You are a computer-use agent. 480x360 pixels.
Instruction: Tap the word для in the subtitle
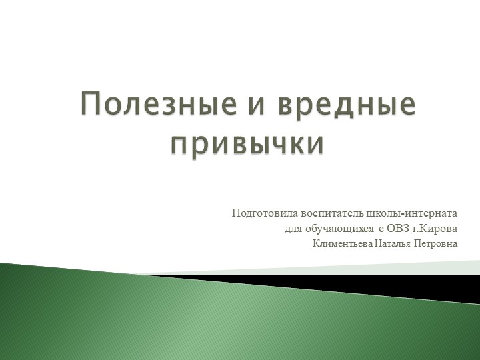(x=293, y=229)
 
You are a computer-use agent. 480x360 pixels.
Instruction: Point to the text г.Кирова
(x=433, y=229)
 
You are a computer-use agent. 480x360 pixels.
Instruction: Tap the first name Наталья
(x=393, y=243)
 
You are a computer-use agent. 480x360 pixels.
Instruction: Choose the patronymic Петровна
(x=436, y=243)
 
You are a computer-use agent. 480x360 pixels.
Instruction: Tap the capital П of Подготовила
(x=235, y=213)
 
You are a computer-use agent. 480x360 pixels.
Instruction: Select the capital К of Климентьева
(x=316, y=243)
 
